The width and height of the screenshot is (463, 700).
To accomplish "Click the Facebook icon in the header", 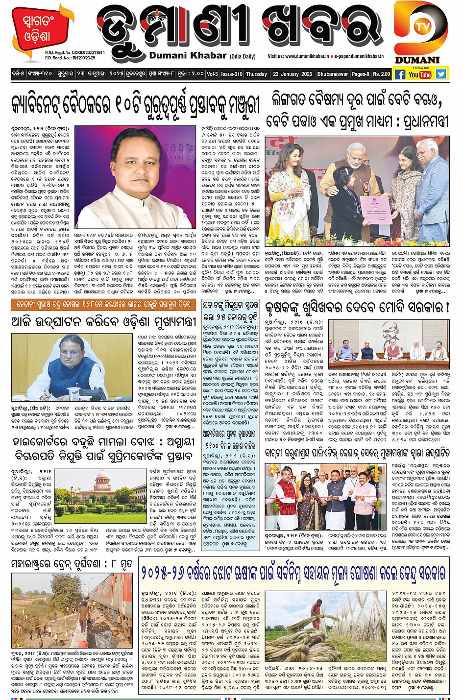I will coord(400,74).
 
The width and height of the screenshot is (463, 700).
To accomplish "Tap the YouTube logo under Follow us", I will coord(420,74).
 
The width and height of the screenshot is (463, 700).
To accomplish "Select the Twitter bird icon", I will coord(441,74).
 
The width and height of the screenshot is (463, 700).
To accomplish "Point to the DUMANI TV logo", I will coord(420,32).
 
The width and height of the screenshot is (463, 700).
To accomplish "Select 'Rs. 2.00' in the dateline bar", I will coord(382,74).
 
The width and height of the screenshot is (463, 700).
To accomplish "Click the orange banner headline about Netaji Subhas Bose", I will coord(103,304).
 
